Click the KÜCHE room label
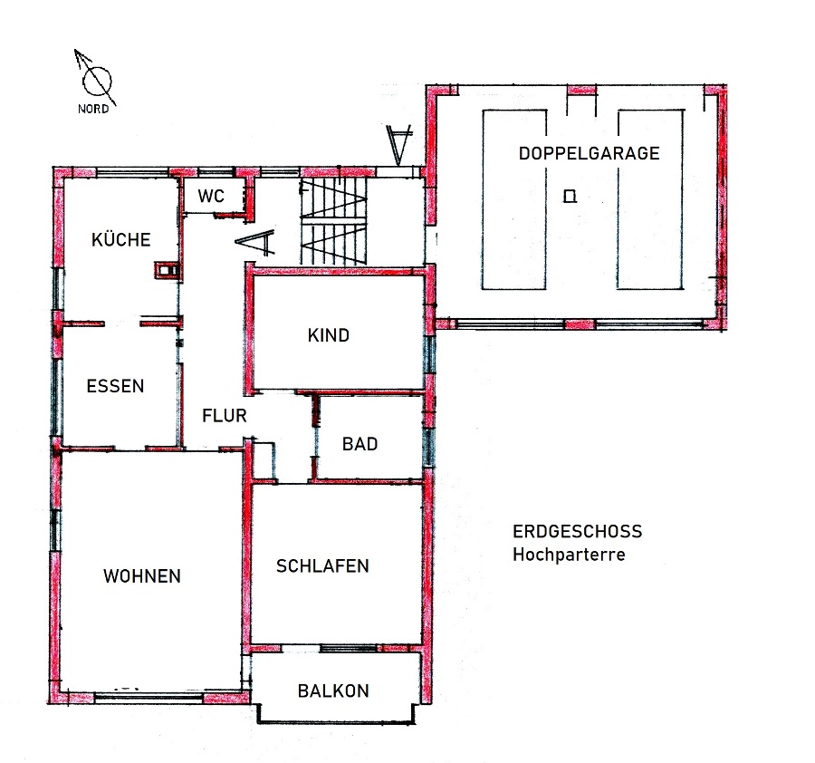(x=121, y=239)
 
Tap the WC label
(x=211, y=196)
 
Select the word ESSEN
(x=115, y=386)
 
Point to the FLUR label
(x=224, y=416)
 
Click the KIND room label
(x=329, y=335)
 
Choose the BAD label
(x=360, y=444)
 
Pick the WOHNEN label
(x=142, y=576)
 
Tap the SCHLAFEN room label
(x=322, y=565)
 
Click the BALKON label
(x=333, y=691)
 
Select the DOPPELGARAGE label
(x=589, y=153)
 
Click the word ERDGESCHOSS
(x=577, y=531)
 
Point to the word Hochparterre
(x=569, y=555)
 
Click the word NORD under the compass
(x=93, y=109)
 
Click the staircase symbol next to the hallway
(x=333, y=222)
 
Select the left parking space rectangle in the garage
(x=514, y=199)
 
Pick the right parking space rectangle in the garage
(x=649, y=199)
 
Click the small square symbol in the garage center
(x=570, y=196)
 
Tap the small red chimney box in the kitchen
(x=167, y=270)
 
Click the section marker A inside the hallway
(x=255, y=243)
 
